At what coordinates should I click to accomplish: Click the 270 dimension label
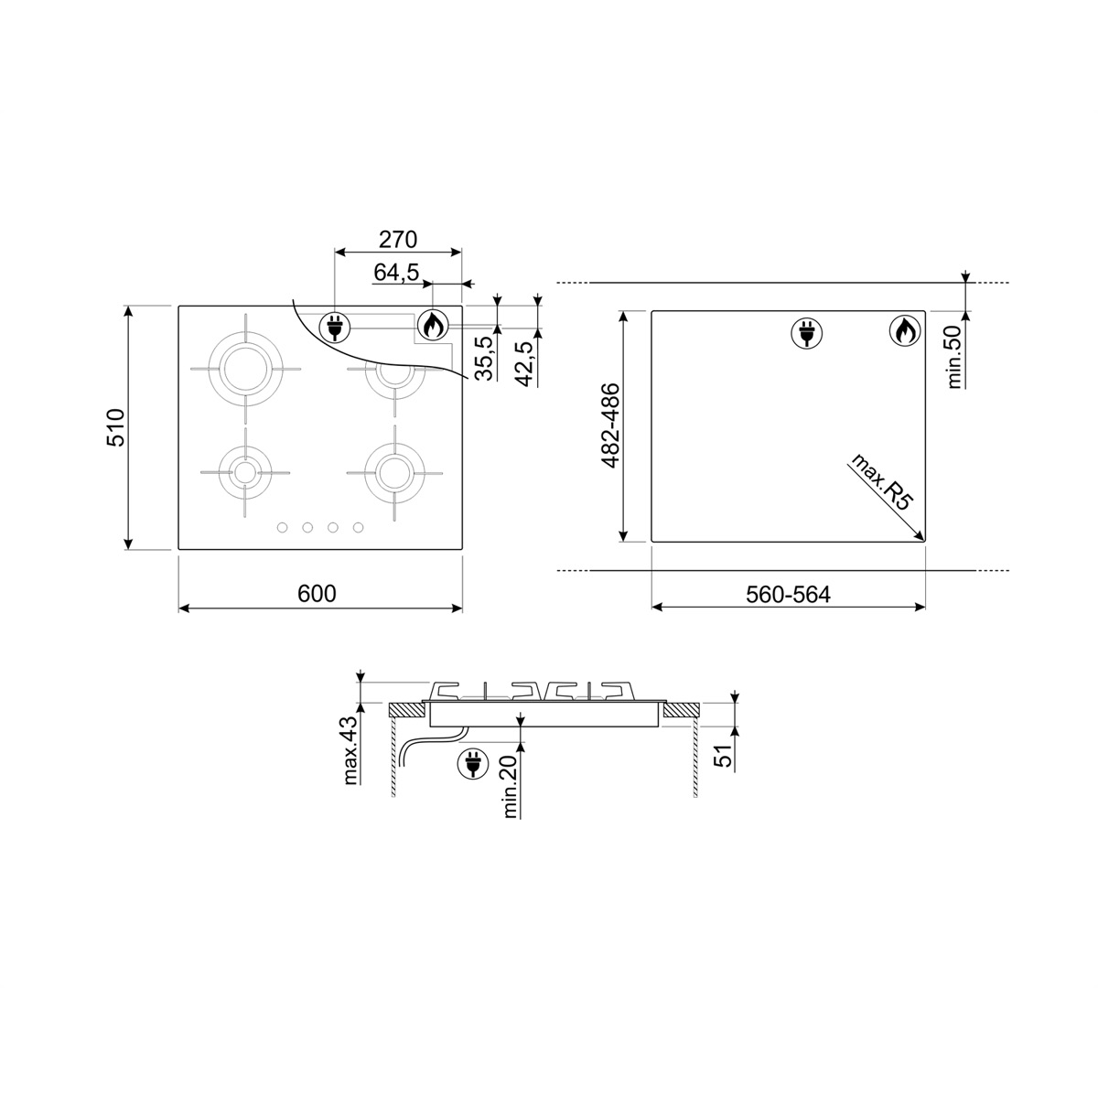[x=398, y=240]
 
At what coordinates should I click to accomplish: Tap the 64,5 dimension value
[x=396, y=273]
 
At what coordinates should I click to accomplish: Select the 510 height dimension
[x=116, y=427]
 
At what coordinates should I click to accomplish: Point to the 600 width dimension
[x=317, y=594]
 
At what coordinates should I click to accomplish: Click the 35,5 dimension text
[x=484, y=358]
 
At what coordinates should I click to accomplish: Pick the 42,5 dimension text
[x=525, y=363]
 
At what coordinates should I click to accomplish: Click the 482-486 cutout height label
[x=610, y=425]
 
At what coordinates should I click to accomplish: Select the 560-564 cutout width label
[x=788, y=595]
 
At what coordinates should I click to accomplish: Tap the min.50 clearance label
[x=954, y=357]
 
